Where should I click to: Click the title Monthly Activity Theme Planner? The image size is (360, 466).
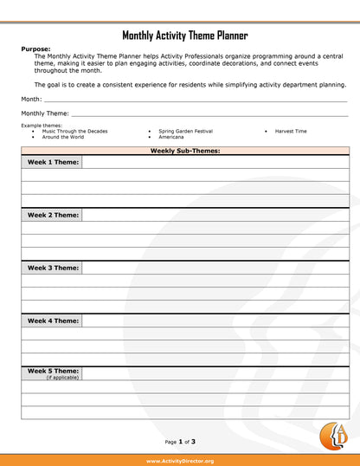point(184,36)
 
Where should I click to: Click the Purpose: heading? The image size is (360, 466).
point(35,49)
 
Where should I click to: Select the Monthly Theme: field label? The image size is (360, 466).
point(45,113)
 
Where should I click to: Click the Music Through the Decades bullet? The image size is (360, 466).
point(74,131)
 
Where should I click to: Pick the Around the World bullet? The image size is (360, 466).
point(63,137)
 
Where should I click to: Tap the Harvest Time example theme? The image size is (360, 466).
point(291,131)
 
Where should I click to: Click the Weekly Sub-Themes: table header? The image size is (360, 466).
point(184,151)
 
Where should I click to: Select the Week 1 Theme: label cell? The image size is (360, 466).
point(52,162)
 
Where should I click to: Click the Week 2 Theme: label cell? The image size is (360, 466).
point(52,215)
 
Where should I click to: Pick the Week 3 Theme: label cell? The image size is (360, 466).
point(52,268)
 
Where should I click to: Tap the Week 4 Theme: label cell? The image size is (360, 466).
point(52,320)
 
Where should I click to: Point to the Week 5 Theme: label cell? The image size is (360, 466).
point(52,371)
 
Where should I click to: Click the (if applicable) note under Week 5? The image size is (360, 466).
point(62,378)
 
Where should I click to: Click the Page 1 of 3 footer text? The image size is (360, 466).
point(185,442)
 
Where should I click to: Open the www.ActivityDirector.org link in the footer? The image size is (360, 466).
point(180,461)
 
